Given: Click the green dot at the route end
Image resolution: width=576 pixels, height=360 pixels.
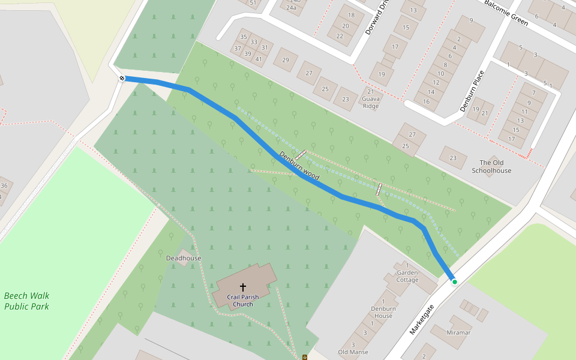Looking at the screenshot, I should pyautogui.click(x=455, y=281).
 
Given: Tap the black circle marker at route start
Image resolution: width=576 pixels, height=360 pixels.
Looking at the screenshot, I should pyautogui.click(x=122, y=78).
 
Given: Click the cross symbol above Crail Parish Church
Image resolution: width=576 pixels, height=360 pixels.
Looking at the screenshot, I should pyautogui.click(x=243, y=287).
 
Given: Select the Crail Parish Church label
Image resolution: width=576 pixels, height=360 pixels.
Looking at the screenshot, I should pyautogui.click(x=243, y=301).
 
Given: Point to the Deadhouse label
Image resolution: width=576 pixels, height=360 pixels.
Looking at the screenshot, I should pyautogui.click(x=184, y=258).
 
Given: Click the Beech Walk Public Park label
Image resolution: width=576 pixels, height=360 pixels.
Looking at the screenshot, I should pyautogui.click(x=26, y=301).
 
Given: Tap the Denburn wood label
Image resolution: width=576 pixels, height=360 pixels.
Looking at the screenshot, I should pyautogui.click(x=299, y=166).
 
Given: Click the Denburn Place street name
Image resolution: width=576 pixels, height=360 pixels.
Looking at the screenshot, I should pyautogui.click(x=472, y=91).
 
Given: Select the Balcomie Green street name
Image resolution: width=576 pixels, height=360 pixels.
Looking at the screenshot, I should pyautogui.click(x=506, y=13).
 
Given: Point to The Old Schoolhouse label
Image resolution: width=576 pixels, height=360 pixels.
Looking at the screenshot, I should pyautogui.click(x=491, y=167).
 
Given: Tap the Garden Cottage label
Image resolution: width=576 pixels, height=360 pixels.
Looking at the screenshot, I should pyautogui.click(x=407, y=276).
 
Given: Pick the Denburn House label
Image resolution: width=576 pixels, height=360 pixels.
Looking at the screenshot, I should pyautogui.click(x=383, y=312).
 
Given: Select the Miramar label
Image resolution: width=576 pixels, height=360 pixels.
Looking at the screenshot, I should pyautogui.click(x=458, y=332).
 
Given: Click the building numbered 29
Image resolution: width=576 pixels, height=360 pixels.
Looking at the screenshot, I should pyautogui.click(x=286, y=60).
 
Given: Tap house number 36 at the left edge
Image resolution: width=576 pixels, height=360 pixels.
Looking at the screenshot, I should pyautogui.click(x=4, y=186).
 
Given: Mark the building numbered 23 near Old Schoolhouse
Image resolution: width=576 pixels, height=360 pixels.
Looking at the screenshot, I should pyautogui.click(x=453, y=158).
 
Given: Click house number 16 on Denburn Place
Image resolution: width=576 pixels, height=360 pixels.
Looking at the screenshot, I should pyautogui.click(x=427, y=101).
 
